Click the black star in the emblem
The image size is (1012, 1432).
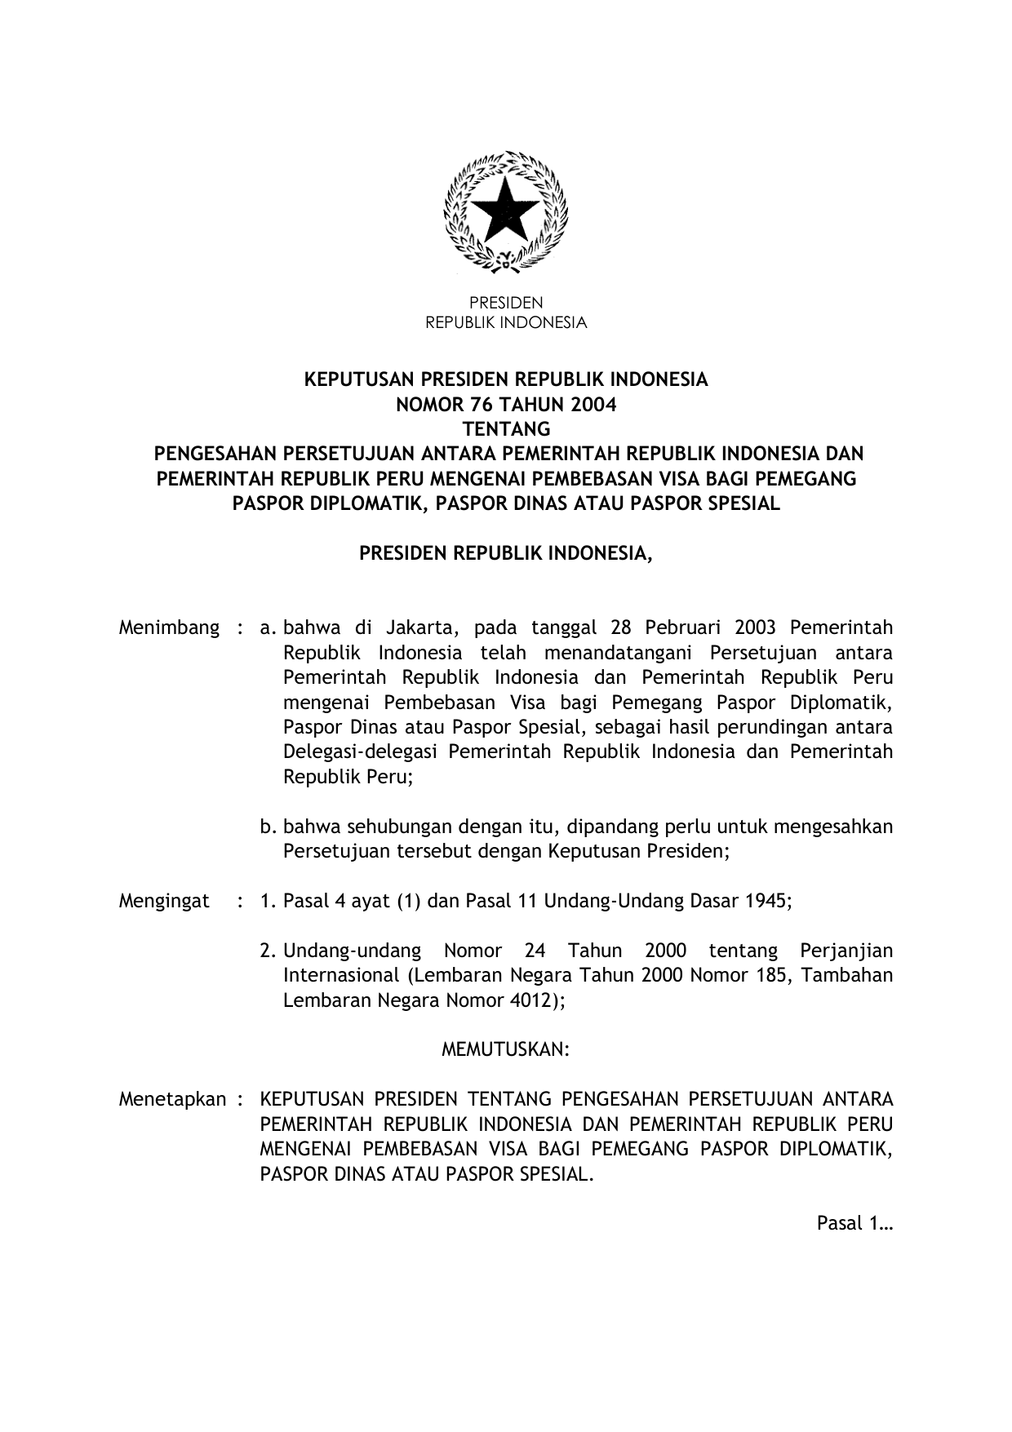coord(505,209)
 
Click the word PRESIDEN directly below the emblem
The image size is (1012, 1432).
coord(506,303)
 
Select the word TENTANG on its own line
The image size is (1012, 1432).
coord(506,429)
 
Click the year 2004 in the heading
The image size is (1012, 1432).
coord(593,405)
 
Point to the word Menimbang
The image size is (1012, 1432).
coord(169,627)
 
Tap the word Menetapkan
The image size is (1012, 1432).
coord(172,1099)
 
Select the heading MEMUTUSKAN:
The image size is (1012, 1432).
coord(505,1049)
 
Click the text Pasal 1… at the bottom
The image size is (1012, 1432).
coord(854,1223)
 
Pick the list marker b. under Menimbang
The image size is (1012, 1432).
coord(268,827)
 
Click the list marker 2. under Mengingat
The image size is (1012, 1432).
coord(267,951)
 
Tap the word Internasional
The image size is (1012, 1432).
coord(341,975)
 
